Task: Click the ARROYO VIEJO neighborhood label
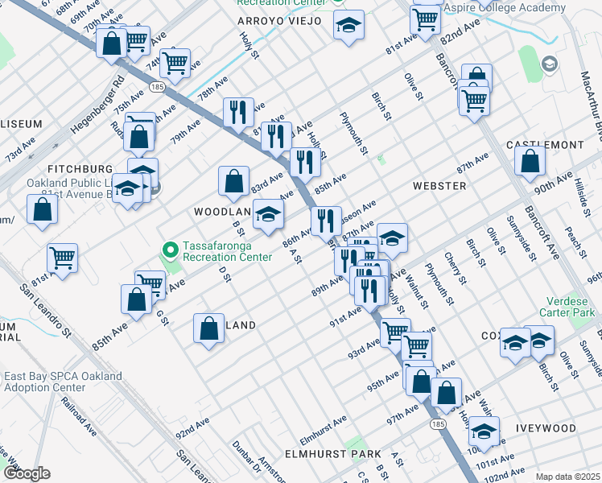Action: point(279,20)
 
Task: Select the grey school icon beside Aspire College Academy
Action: point(550,64)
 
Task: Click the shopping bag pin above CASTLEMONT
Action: point(529,162)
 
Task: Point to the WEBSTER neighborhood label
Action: point(439,186)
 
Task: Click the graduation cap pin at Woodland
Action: point(268,214)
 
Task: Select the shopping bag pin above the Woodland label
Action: point(233,182)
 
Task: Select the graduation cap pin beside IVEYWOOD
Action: point(484,431)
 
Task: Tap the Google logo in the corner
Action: point(27,473)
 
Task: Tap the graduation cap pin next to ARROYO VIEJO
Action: point(348,26)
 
